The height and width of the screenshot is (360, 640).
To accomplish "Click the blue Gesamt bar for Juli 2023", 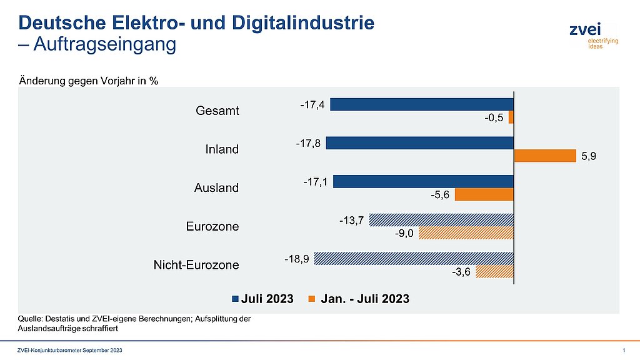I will click(422, 104).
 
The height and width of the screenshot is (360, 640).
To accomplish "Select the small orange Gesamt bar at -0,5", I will click(511, 117).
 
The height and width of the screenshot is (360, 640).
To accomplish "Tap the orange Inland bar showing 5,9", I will click(544, 156).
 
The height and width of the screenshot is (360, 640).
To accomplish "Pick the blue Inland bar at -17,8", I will click(420, 142).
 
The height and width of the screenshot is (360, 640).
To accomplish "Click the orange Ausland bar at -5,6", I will click(484, 194).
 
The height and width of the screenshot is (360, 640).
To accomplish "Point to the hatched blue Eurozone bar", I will click(441, 219).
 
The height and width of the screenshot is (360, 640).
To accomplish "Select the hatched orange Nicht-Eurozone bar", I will click(494, 271).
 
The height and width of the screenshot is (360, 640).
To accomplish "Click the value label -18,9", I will click(297, 257).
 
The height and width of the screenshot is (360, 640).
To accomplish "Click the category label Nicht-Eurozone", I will click(196, 265).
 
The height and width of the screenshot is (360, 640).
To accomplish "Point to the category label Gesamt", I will click(217, 111).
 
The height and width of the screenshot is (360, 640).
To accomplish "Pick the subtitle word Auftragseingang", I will click(104, 45).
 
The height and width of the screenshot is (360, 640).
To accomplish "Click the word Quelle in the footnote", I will click(30, 319).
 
